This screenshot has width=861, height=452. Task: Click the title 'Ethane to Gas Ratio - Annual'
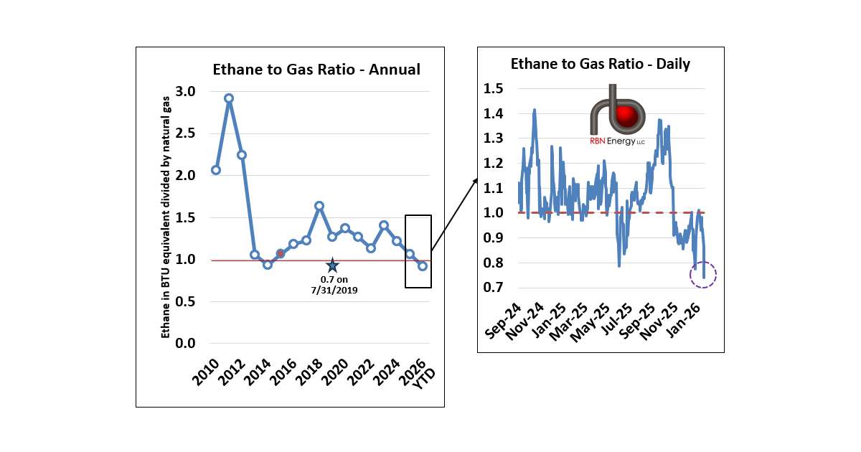316,70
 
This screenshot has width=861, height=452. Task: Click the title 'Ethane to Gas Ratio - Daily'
600,64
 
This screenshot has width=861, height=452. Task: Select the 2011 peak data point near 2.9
229,98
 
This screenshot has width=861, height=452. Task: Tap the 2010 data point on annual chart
215,170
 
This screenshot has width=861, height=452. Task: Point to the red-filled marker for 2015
281,253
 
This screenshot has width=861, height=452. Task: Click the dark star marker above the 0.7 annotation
332,265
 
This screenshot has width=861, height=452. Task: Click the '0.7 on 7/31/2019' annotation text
332,285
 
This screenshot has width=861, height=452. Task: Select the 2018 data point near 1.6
319,206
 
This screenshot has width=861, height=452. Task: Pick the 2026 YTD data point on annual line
423,265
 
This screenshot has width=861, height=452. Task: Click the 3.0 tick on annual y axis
185,91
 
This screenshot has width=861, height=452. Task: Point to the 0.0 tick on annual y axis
185,343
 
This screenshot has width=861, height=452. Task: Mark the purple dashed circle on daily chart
703,274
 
